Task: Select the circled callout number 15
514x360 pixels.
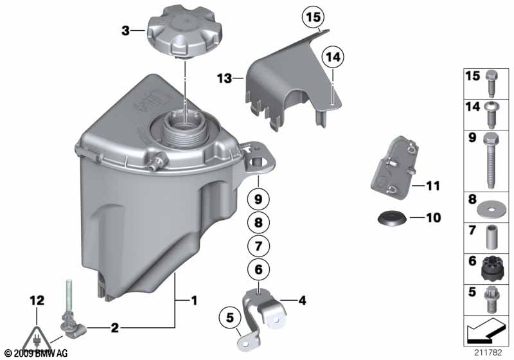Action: tap(312, 19)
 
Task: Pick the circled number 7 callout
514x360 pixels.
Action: tap(258, 246)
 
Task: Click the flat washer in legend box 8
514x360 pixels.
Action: tap(490, 207)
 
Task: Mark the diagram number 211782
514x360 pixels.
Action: tap(488, 352)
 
